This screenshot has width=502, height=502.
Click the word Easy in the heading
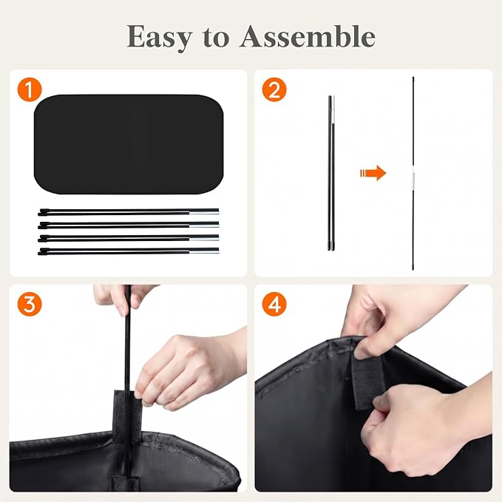pos(160,38)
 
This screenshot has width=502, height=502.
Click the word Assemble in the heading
pos(308,36)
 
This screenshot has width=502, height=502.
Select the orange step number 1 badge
pos(30,89)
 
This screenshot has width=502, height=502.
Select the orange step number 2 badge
pos(274,89)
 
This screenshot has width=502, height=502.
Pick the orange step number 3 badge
pos(30,304)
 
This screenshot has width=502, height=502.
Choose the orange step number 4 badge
pos(274,304)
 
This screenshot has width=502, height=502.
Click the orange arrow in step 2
pos(373,173)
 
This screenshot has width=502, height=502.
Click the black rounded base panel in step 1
pos(129,144)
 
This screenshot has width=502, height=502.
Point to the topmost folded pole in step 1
pos(129,211)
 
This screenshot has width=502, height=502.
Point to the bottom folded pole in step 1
pos(129,251)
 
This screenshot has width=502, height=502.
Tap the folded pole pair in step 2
pos(331,173)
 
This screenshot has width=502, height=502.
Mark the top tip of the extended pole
pos(413,77)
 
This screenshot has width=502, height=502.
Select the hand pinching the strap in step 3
pos(189,371)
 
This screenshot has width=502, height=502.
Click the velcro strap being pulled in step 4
pos(368,381)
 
